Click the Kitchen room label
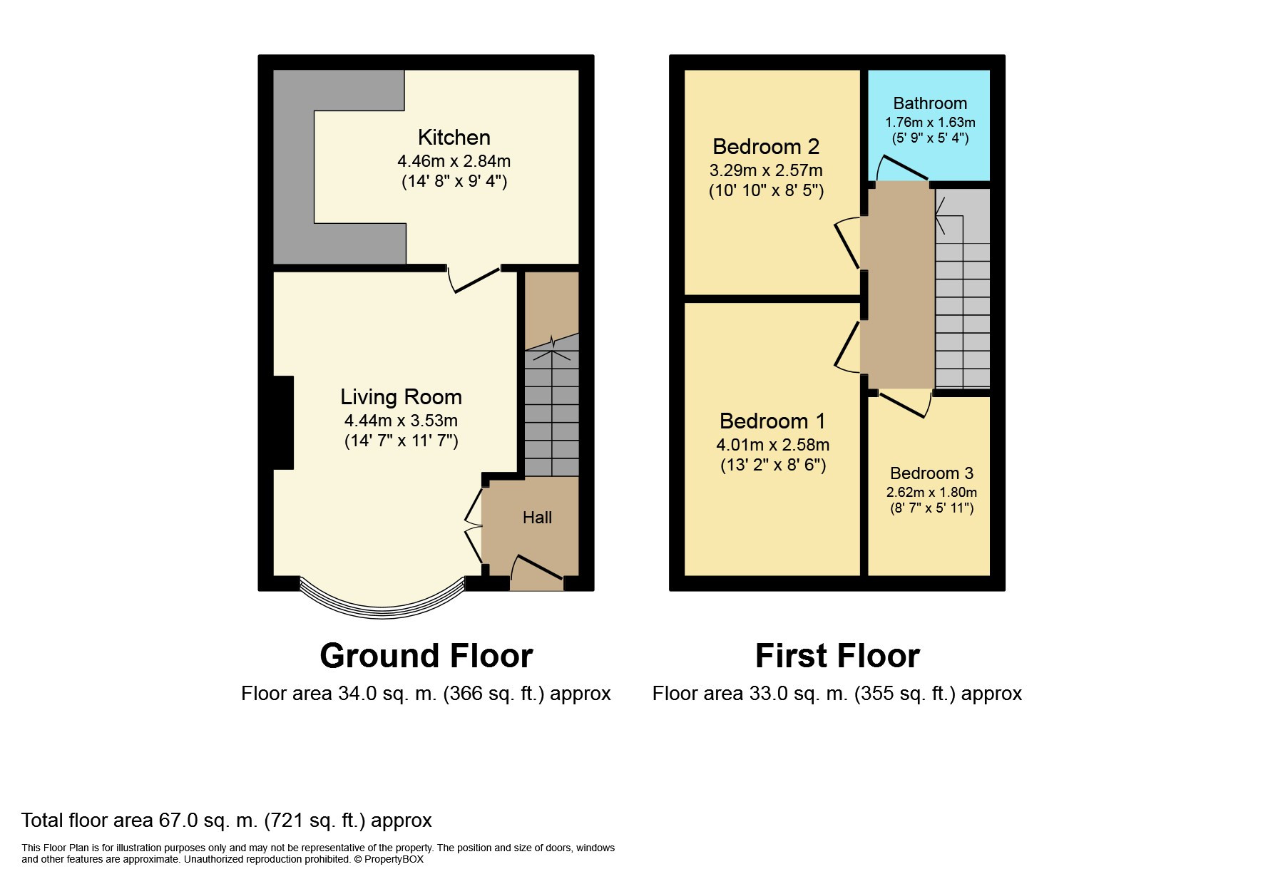[454, 137]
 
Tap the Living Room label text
[401, 396]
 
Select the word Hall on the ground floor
[537, 518]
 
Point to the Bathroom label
[930, 103]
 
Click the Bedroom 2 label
[766, 147]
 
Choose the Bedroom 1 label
[772, 421]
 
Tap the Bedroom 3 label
[931, 473]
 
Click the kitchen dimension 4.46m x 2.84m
[454, 161]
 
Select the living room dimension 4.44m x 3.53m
[401, 421]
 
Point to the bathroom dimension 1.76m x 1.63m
[930, 123]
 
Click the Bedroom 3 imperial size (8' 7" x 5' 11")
[931, 508]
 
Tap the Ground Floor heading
[426, 656]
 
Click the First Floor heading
[837, 656]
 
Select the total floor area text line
[227, 821]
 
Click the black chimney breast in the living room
[283, 422]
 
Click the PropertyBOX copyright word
[394, 859]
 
